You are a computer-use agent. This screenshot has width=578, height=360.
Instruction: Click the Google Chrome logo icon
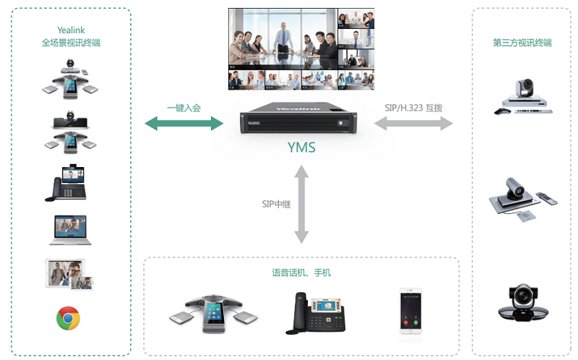68,318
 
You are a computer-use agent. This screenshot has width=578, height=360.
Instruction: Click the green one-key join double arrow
184,124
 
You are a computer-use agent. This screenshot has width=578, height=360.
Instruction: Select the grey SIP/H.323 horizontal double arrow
413,124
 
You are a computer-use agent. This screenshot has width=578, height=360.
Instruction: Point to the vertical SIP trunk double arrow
301,203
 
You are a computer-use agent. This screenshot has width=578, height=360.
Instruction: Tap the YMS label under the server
301,148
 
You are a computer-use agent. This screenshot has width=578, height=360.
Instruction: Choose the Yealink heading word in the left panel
71,30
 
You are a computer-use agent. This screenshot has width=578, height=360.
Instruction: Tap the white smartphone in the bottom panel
411,311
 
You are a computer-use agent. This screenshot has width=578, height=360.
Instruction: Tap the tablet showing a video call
69,274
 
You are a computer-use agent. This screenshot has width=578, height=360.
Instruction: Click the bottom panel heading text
301,273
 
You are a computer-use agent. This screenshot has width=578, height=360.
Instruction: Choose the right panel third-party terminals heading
522,43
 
